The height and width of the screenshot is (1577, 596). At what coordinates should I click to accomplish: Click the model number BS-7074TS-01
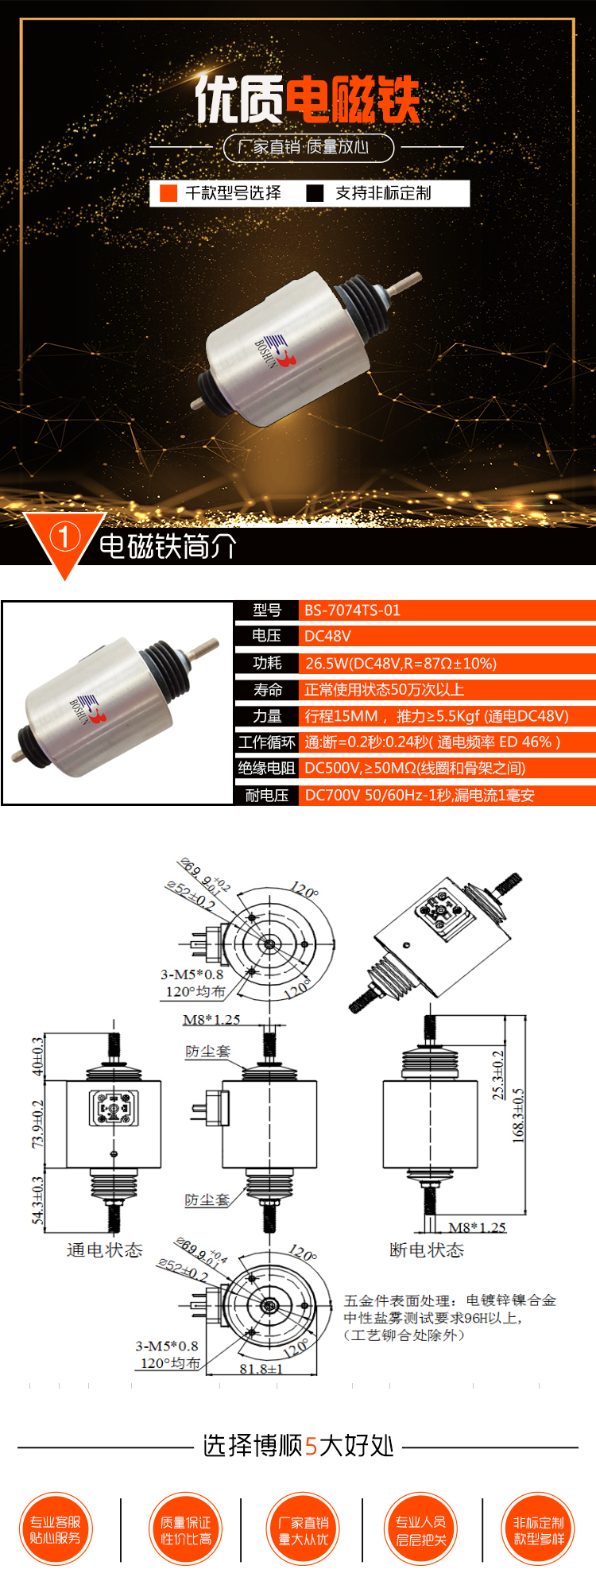point(352,610)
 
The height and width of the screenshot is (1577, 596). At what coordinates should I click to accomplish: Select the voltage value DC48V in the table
point(327,636)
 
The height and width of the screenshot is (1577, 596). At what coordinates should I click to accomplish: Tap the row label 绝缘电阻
point(266,768)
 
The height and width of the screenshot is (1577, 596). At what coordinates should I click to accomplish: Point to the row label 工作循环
point(266,742)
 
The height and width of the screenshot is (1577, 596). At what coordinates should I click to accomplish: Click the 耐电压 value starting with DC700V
point(419,795)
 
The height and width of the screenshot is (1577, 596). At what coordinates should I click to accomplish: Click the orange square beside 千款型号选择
point(168,193)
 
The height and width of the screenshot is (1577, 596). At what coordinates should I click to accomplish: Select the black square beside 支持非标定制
point(315,193)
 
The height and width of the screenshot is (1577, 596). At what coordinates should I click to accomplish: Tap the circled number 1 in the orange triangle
point(64,537)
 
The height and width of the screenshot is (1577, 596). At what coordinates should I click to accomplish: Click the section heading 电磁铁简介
point(168,547)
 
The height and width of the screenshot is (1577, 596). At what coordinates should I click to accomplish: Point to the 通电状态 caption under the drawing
point(104,1250)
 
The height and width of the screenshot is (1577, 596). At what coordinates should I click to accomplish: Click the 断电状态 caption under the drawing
point(427,1250)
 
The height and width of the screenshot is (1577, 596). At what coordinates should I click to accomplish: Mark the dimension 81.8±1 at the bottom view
point(261,1369)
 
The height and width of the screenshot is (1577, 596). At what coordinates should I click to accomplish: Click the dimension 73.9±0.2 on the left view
point(37,1124)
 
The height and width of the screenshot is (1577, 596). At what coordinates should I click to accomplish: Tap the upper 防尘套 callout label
point(207,1051)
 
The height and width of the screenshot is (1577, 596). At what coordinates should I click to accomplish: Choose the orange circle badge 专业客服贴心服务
point(56,1530)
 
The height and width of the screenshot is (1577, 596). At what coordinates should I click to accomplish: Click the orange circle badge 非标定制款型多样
point(539,1530)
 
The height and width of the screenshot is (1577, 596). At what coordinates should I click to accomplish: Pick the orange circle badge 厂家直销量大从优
point(303,1530)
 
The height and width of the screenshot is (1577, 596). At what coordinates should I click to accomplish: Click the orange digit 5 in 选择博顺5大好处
point(311,1446)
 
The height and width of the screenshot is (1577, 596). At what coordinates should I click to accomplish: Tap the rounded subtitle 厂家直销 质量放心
point(308,147)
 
